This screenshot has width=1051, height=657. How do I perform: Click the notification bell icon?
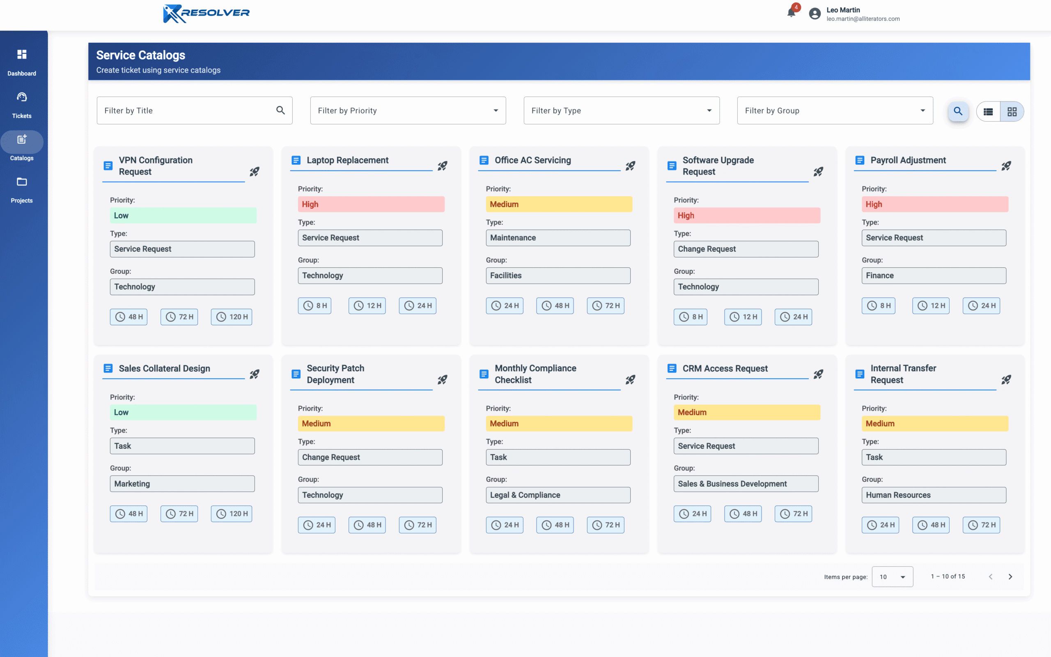click(x=791, y=13)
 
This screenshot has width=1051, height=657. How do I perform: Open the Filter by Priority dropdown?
click(x=407, y=110)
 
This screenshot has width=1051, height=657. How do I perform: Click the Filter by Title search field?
click(x=187, y=110)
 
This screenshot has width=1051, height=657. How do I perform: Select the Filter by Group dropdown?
click(x=834, y=110)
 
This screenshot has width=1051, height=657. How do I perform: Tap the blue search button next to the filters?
click(x=958, y=111)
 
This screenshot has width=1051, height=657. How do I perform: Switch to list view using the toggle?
click(x=988, y=112)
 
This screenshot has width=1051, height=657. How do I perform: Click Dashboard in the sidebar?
click(x=22, y=62)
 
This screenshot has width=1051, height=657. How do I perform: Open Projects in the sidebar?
click(x=22, y=189)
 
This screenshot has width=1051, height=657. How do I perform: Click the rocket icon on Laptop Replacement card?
click(x=442, y=166)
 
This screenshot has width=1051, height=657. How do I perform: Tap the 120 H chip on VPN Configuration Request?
click(x=232, y=317)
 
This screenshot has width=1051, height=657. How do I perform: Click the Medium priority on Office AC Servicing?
click(x=558, y=204)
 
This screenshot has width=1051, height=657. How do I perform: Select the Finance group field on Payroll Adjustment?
click(x=933, y=276)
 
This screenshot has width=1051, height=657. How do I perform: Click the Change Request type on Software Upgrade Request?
click(x=745, y=249)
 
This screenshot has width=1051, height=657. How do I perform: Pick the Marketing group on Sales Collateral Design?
click(x=182, y=484)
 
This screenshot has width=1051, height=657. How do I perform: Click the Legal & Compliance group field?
click(x=558, y=495)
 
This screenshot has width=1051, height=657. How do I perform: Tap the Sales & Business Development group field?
click(x=745, y=484)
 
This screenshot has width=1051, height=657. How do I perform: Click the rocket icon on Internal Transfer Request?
click(x=1006, y=380)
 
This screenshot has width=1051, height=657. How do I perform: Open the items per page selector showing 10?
click(x=892, y=577)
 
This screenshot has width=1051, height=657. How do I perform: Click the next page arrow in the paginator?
click(x=1010, y=577)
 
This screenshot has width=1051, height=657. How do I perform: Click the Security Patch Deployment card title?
click(x=335, y=374)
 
